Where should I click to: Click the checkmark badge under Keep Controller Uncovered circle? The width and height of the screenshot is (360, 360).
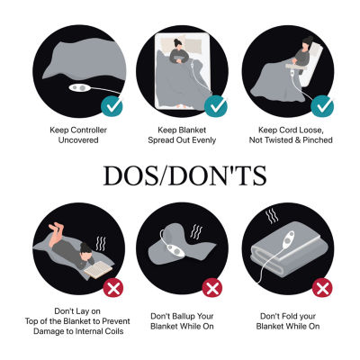tap(112, 105)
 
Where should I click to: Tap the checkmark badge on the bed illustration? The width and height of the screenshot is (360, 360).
tap(216, 105)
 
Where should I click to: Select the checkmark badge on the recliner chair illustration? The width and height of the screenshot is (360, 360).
tap(322, 105)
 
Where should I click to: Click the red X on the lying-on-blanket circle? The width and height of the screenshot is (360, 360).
tap(113, 288)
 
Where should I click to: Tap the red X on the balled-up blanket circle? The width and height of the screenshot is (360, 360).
tap(212, 288)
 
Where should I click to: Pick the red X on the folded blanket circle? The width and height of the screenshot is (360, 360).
tap(322, 288)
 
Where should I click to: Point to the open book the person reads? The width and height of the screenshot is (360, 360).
tap(98, 270)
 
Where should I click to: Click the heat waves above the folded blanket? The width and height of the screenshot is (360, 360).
tap(272, 217)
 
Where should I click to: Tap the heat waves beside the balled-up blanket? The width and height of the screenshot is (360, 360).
tap(196, 232)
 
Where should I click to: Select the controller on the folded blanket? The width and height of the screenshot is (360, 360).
tap(289, 240)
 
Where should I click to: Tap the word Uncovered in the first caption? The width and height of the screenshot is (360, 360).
tap(78, 140)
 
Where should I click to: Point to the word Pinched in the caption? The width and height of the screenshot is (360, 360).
tap(318, 140)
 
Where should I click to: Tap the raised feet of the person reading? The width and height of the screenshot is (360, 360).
tap(56, 229)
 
